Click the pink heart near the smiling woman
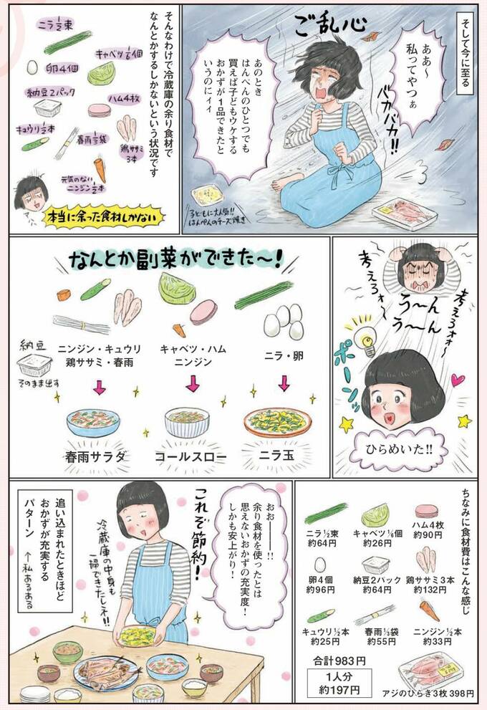pyautogui.click(x=458, y=379)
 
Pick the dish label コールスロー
pyautogui.click(x=193, y=456)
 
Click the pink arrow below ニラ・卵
pyautogui.click(x=284, y=384)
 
